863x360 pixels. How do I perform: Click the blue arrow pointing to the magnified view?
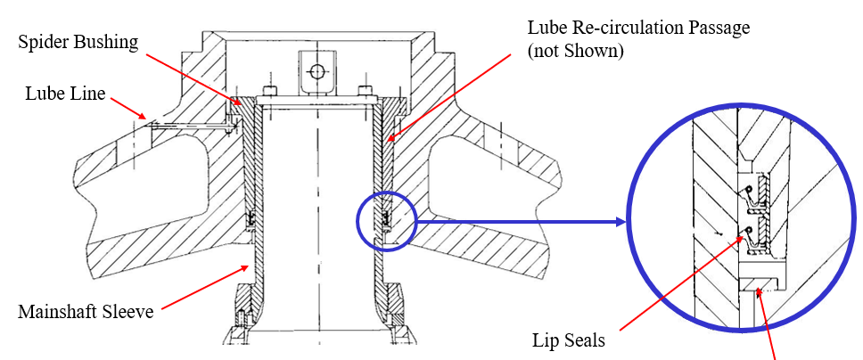[518, 221]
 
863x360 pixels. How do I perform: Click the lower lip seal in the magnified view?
[751, 237]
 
